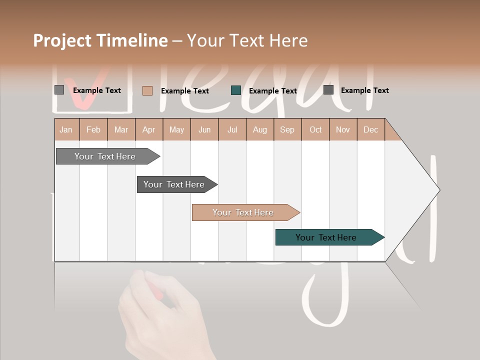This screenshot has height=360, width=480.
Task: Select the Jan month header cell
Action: [x=66, y=129]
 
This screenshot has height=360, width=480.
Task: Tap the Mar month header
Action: [x=121, y=129]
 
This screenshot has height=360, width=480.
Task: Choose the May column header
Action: [x=176, y=129]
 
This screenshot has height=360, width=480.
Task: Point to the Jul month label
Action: [x=232, y=129]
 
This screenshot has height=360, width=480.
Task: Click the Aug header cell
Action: [x=259, y=129]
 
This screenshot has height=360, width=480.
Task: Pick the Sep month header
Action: [x=287, y=129]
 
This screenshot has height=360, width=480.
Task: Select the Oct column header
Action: [x=315, y=129]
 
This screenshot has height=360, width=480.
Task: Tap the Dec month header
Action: [x=370, y=129]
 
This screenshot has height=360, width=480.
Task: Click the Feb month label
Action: [x=93, y=129]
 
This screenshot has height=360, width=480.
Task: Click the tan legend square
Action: [x=147, y=90]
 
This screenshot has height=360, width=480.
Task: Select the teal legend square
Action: [x=236, y=90]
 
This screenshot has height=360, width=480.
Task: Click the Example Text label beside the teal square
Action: [x=272, y=91]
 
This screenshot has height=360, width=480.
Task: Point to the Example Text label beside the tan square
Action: [x=184, y=91]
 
